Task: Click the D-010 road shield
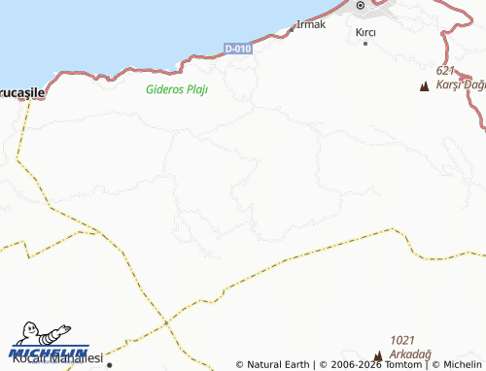(x=238, y=49)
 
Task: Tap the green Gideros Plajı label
(x=177, y=88)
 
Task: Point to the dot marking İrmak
(x=292, y=29)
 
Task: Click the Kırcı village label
(x=365, y=32)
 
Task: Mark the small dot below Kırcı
(x=365, y=43)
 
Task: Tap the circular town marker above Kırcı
(x=360, y=6)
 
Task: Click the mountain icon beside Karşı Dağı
(x=424, y=87)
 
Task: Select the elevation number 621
(x=446, y=71)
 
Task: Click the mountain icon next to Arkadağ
(x=378, y=356)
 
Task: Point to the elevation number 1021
(x=402, y=340)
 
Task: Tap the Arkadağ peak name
(x=410, y=354)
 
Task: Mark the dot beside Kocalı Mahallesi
(x=110, y=365)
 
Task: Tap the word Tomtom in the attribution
(x=399, y=364)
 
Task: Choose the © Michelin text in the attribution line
(x=455, y=364)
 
